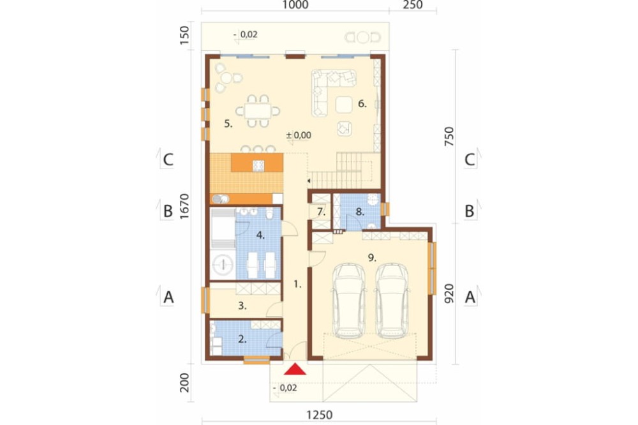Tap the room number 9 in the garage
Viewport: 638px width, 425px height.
click(x=371, y=257)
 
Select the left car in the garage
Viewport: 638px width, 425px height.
click(x=348, y=301)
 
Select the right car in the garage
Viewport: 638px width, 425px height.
click(x=392, y=301)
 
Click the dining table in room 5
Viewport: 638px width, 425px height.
click(x=258, y=111)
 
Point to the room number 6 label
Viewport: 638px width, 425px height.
click(x=362, y=104)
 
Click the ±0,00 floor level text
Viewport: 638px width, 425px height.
click(x=299, y=135)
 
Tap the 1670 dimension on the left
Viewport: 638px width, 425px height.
click(x=185, y=206)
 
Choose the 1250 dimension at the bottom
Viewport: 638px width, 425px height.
click(x=320, y=415)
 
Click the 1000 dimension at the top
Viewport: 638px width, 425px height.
click(x=295, y=5)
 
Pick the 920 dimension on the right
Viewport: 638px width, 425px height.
click(x=449, y=294)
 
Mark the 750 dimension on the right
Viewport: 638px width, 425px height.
click(x=449, y=137)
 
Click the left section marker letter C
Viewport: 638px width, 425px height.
click(x=168, y=160)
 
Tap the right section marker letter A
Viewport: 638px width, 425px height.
click(x=470, y=297)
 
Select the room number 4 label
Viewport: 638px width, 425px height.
click(x=260, y=235)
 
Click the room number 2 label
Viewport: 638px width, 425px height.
click(x=242, y=339)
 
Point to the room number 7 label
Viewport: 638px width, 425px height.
click(x=321, y=212)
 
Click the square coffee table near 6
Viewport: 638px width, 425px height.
click(x=344, y=104)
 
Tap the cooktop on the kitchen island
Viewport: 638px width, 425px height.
click(x=258, y=165)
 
